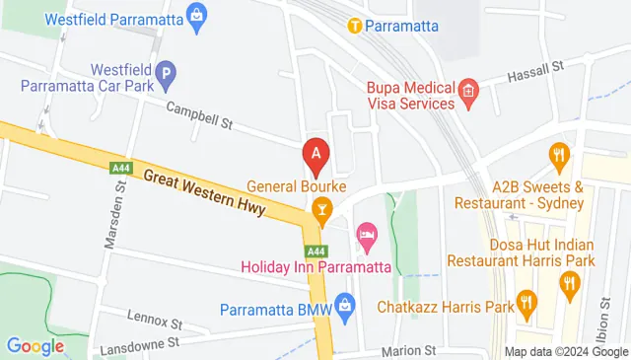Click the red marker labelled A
[315, 153]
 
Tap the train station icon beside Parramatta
[353, 26]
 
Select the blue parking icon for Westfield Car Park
[167, 71]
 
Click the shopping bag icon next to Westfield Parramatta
[197, 15]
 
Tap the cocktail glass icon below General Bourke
[320, 208]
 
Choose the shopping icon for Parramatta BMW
[344, 306]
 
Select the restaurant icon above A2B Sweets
[559, 154]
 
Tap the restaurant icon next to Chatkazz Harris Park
[527, 306]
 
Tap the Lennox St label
[156, 321]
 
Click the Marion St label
[409, 350]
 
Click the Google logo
[35, 345]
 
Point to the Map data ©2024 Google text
[566, 352]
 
